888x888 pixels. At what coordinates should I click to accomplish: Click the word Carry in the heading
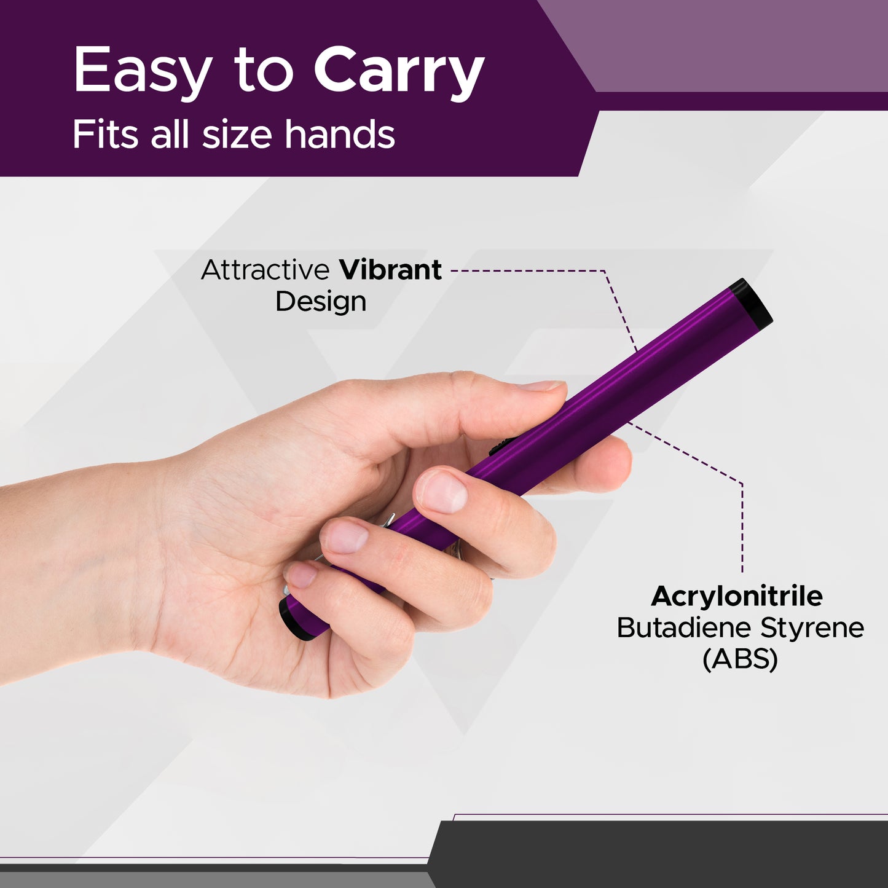pyautogui.click(x=399, y=73)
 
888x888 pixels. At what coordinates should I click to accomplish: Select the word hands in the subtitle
pyautogui.click(x=340, y=135)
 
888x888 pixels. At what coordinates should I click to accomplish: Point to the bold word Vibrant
pyautogui.click(x=390, y=270)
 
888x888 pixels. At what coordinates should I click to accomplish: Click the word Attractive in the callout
pyautogui.click(x=265, y=270)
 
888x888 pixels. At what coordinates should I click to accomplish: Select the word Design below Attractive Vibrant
pyautogui.click(x=321, y=302)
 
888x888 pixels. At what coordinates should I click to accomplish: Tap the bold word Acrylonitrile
pyautogui.click(x=737, y=596)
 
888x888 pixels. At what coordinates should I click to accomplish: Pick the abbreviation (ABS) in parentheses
pyautogui.click(x=740, y=659)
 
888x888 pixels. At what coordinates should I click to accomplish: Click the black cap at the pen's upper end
pyautogui.click(x=753, y=303)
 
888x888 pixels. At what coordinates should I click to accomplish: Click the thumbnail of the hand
pyautogui.click(x=541, y=386)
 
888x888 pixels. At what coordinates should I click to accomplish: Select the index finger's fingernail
pyautogui.click(x=441, y=492)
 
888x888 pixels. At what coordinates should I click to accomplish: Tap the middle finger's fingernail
pyautogui.click(x=346, y=535)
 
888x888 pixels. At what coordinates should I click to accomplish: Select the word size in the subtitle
pyautogui.click(x=237, y=135)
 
